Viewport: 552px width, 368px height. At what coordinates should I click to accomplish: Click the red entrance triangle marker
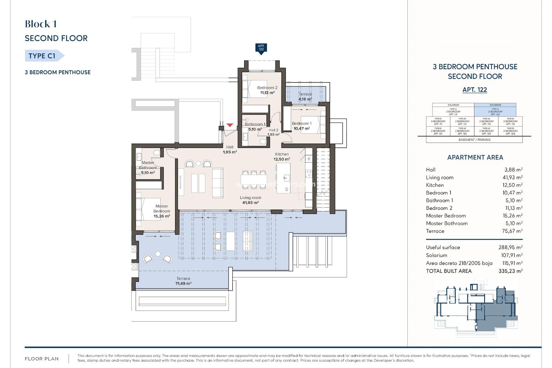tap(230, 125)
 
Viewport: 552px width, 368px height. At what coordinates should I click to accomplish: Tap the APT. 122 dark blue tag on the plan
tap(261, 48)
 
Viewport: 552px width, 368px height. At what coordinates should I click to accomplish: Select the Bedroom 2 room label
tap(267, 90)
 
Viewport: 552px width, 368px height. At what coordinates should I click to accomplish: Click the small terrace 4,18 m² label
tap(305, 97)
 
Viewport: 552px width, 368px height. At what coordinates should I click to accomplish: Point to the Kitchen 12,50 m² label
tap(282, 157)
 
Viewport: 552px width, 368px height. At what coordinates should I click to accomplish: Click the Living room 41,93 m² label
tap(250, 200)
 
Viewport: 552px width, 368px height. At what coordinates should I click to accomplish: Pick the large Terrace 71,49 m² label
tap(183, 281)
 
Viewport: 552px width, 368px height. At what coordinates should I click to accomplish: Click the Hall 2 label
tap(273, 132)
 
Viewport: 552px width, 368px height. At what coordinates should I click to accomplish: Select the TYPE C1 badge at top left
tap(42, 56)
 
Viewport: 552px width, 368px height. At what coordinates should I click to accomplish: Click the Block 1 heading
tap(41, 24)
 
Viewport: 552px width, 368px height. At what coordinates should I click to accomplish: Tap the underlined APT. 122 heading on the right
tap(475, 90)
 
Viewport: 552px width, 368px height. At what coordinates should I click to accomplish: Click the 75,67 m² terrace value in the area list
tap(512, 231)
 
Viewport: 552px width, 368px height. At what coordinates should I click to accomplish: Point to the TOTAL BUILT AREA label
tap(449, 271)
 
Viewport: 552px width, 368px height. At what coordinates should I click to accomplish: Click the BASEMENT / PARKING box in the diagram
tap(474, 140)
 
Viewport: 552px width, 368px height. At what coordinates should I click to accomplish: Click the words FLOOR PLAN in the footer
tap(42, 359)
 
